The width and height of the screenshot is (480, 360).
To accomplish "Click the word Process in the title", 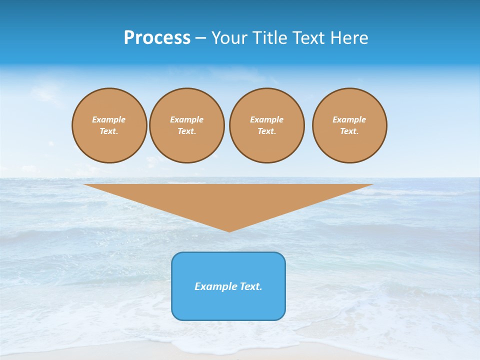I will pyautogui.click(x=157, y=38).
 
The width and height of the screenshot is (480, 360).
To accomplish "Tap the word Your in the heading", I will pyautogui.click(x=230, y=38).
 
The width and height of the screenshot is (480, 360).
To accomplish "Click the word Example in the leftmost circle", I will pyautogui.click(x=109, y=119).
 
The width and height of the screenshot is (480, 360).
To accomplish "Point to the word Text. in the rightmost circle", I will pyautogui.click(x=349, y=131).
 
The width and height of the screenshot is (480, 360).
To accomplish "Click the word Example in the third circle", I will pyautogui.click(x=266, y=119).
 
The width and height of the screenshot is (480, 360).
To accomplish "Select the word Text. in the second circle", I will pyautogui.click(x=187, y=131).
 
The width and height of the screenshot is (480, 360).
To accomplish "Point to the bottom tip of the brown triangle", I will pyautogui.click(x=229, y=230).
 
